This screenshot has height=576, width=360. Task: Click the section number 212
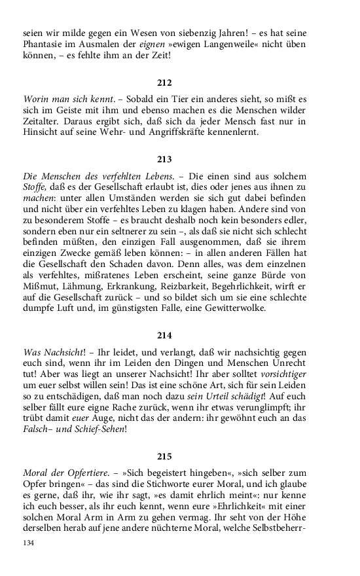(165, 82)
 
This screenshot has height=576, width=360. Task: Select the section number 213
(165, 159)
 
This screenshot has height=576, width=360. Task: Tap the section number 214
(165, 336)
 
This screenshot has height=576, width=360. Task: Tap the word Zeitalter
(41, 122)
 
